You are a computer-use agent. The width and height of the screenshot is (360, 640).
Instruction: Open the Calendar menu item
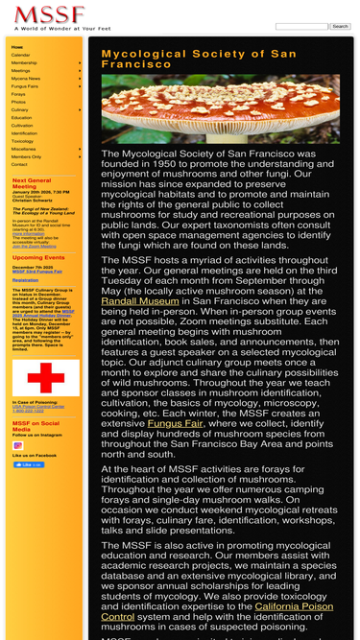click(x=20, y=55)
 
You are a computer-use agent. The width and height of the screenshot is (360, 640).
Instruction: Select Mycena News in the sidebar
click(x=26, y=79)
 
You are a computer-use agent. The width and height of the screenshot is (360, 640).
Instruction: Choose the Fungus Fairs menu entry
click(x=25, y=86)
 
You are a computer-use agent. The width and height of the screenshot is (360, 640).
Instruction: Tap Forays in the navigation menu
click(x=18, y=94)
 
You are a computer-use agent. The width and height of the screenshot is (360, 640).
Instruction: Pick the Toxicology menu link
click(x=22, y=141)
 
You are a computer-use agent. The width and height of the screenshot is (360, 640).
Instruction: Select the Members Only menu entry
click(x=26, y=156)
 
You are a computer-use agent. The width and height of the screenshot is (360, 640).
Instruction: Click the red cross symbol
click(x=39, y=377)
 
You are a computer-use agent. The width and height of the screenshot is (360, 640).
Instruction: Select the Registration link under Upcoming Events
click(x=25, y=279)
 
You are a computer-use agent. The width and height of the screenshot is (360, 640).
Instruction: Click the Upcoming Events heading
click(x=38, y=257)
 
